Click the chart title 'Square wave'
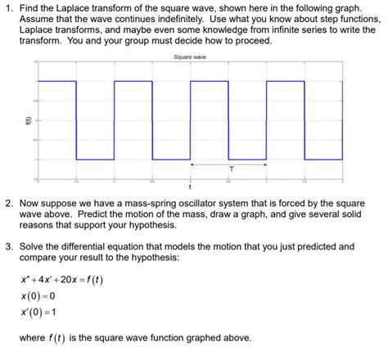tap(189, 56)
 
